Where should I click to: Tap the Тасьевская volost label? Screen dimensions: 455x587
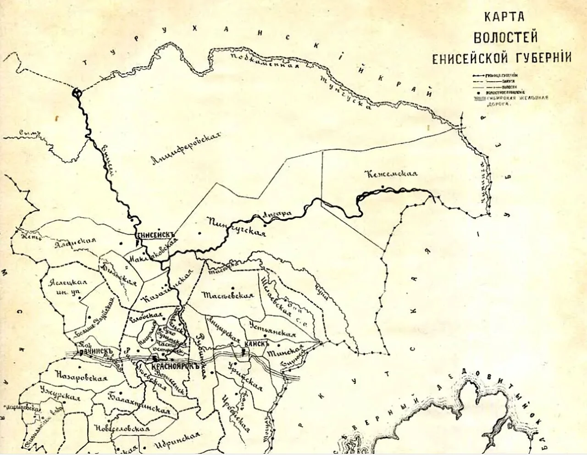click(228, 295)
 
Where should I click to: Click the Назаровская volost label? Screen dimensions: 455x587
click(80, 377)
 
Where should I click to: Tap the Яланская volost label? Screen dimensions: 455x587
click(75, 243)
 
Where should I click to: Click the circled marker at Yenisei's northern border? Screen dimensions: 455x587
click(77, 93)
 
